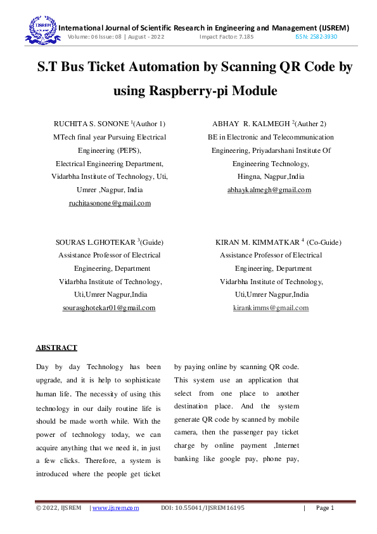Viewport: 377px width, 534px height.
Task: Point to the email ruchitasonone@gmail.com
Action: [110, 203]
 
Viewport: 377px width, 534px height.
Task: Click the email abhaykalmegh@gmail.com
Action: [269, 190]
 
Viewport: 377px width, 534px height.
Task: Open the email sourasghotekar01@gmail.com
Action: [110, 308]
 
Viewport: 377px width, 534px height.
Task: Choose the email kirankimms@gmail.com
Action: [271, 308]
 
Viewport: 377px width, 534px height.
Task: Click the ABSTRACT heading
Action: [56, 348]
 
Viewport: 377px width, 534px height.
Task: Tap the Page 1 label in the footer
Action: [324, 508]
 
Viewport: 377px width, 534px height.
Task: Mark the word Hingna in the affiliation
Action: [249, 176]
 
